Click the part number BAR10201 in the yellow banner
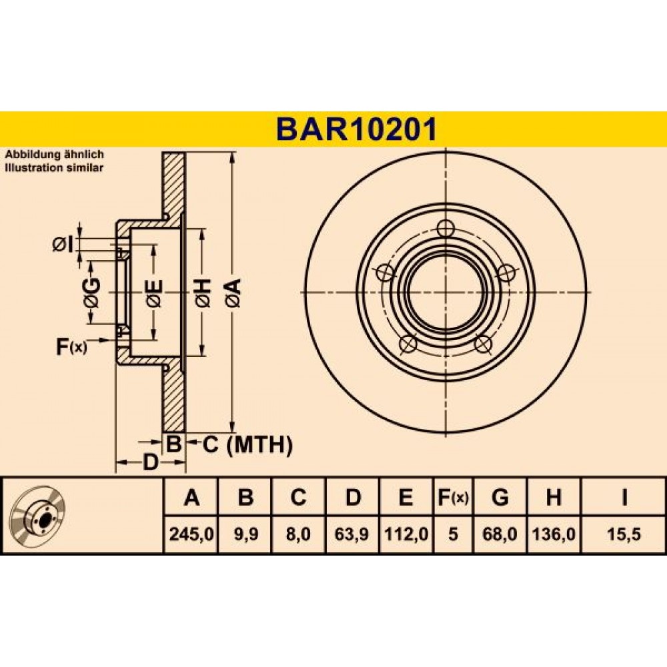(356, 129)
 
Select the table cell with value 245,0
(191, 534)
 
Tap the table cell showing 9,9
(245, 534)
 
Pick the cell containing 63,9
(352, 534)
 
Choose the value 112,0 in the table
(406, 534)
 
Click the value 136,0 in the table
(554, 534)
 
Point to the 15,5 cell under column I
(624, 534)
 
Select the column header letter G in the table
(500, 497)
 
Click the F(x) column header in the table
(453, 497)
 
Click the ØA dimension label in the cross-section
(233, 293)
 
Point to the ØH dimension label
(203, 293)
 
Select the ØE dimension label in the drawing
(153, 293)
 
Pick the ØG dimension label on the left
(92, 293)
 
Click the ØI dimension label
(63, 244)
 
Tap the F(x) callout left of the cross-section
(71, 347)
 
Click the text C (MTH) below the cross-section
(247, 445)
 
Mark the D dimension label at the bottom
(149, 462)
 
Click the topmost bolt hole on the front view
(446, 228)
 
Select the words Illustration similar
(54, 167)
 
